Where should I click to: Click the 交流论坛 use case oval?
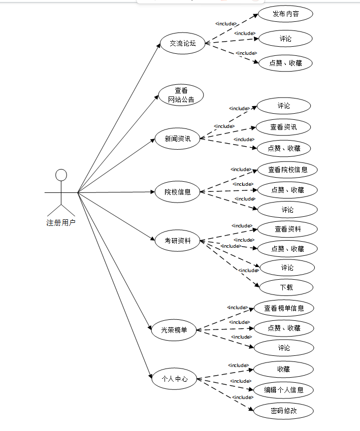tap(182, 43)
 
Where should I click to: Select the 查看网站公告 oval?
tap(181, 95)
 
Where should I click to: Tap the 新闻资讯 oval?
tap(178, 139)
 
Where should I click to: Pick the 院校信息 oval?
tap(178, 192)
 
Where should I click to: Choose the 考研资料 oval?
tap(178, 241)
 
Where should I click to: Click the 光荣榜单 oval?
tap(174, 329)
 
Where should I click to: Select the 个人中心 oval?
tap(174, 379)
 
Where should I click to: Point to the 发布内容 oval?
tap(285, 14)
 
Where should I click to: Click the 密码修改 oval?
tap(283, 411)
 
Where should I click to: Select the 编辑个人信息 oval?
tap(283, 390)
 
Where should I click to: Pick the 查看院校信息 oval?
tap(287, 170)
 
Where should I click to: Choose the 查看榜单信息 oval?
tap(284, 308)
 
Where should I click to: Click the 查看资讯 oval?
tap(283, 127)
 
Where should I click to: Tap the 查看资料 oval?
tap(287, 229)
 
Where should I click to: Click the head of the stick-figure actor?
tap(61, 175)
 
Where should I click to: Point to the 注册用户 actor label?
tap(61, 222)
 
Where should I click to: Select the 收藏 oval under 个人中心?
tap(283, 369)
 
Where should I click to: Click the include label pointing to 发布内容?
tap(226, 23)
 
